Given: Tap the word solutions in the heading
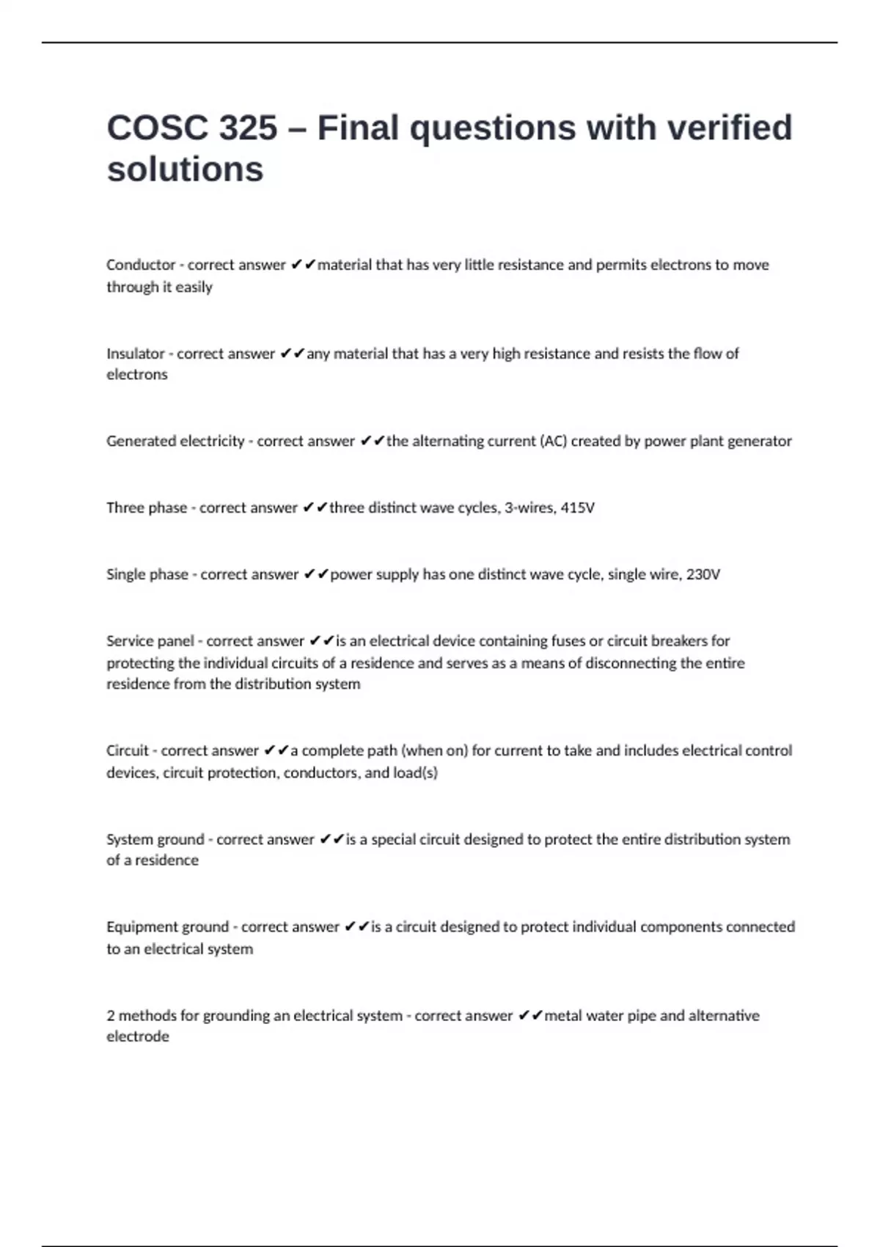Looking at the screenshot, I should click(x=185, y=169).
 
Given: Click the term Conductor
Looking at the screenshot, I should click(x=141, y=265).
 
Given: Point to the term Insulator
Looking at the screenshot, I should click(x=136, y=354).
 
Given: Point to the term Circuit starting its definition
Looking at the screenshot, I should click(x=128, y=750).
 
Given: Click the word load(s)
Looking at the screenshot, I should click(x=415, y=772).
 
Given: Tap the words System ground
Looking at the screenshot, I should click(x=155, y=839).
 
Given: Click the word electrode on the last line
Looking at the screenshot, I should click(x=138, y=1036).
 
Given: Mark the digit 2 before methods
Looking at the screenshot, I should click(x=111, y=1016).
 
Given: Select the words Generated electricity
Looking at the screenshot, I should click(x=175, y=441).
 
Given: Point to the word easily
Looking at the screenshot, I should click(x=194, y=287).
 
